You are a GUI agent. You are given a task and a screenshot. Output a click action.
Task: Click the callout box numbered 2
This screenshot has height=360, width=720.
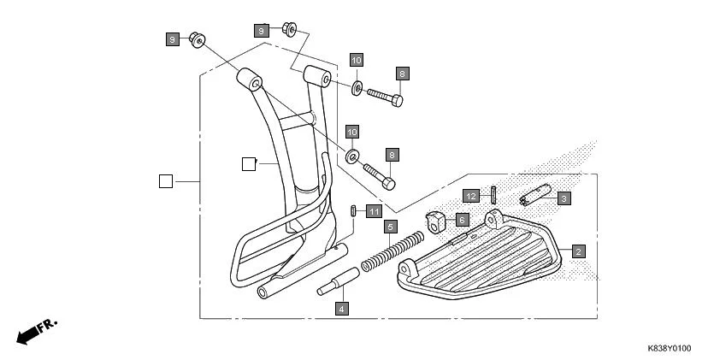pyautogui.click(x=579, y=251)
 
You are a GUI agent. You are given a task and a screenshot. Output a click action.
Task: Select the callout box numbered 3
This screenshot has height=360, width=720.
pyautogui.click(x=563, y=198)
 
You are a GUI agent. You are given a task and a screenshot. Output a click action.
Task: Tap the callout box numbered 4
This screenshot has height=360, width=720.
pyautogui.click(x=341, y=309)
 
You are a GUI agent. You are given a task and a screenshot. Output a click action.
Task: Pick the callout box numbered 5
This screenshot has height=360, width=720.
pyautogui.click(x=390, y=227)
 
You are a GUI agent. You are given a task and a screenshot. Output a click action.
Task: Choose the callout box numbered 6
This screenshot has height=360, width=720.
pyautogui.click(x=461, y=220)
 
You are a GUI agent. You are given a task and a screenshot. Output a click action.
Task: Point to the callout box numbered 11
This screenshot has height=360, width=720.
pyautogui.click(x=374, y=211)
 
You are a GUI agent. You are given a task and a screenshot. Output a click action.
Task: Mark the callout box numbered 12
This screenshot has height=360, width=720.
pyautogui.click(x=471, y=196)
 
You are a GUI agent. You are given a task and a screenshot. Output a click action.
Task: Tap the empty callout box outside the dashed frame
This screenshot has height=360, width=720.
pyautogui.click(x=166, y=180)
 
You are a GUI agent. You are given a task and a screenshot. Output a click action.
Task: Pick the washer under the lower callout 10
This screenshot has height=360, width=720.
pyautogui.click(x=351, y=157)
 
